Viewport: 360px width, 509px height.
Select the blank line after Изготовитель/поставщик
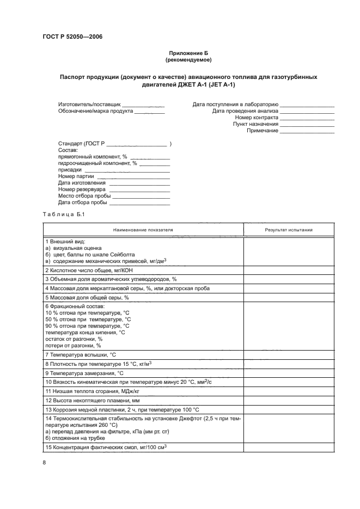pyautogui.click(x=143, y=104)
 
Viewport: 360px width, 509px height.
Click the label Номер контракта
pyautogui.click(x=257, y=117)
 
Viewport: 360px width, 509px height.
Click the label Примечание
pyautogui.click(x=263, y=131)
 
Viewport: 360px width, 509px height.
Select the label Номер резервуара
pyautogui.click(x=81, y=189)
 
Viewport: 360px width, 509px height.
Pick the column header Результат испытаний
pyautogui.click(x=289, y=230)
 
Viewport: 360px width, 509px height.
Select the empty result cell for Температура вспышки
pyautogui.click(x=289, y=354)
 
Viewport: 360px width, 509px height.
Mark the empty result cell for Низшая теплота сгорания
pyautogui.click(x=289, y=391)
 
